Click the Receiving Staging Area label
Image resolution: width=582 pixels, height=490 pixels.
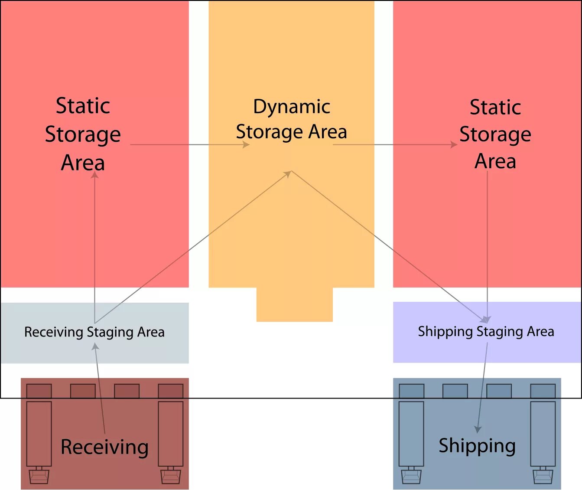pyautogui.click(x=94, y=332)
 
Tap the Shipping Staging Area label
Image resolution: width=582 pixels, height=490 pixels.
pyautogui.click(x=486, y=332)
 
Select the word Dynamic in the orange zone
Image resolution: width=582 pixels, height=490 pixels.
pyautogui.click(x=292, y=107)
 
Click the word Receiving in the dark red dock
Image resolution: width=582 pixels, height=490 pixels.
pyautogui.click(x=104, y=447)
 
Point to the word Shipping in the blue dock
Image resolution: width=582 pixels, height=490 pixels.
pyautogui.click(x=477, y=446)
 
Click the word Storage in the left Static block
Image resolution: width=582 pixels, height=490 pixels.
pyautogui.click(x=83, y=134)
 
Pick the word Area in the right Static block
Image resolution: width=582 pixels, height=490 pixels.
pyautogui.click(x=495, y=161)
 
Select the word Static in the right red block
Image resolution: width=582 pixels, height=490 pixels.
pyautogui.click(x=495, y=107)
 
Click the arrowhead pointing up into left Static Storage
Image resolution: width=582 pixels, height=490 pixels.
pyautogui.click(x=94, y=175)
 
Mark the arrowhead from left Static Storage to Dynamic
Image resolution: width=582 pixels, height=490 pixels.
pyautogui.click(x=246, y=144)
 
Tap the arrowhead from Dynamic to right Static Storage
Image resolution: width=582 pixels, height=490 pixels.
pyautogui.click(x=454, y=144)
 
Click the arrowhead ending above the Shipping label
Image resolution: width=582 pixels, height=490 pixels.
pyautogui.click(x=478, y=429)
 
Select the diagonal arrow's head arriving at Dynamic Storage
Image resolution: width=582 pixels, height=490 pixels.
pyautogui.click(x=287, y=174)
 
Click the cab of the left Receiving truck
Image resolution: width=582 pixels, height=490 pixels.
pyautogui.click(x=39, y=476)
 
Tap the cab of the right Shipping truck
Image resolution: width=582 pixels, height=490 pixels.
pyautogui.click(x=543, y=476)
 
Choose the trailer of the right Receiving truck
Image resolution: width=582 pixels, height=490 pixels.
pyautogui.click(x=170, y=434)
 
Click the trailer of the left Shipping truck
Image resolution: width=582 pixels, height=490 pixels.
pyautogui.click(x=411, y=434)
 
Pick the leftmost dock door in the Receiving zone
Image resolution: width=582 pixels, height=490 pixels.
pyautogui.click(x=39, y=391)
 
